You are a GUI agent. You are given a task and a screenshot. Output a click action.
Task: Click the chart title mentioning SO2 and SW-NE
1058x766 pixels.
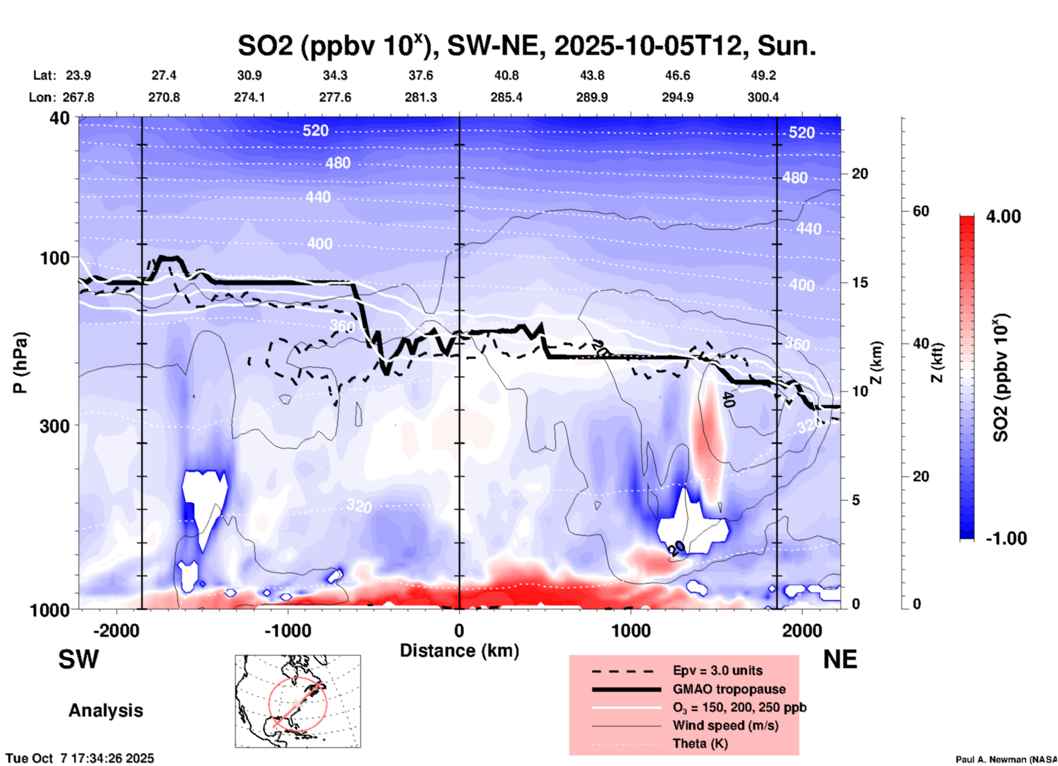coord(526,46)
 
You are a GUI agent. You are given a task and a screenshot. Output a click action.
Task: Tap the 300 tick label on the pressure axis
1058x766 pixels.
coord(54,426)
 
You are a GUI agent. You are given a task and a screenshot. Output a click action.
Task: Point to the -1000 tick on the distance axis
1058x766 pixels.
coord(287,631)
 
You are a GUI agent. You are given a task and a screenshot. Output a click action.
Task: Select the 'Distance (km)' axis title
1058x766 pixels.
coord(459,651)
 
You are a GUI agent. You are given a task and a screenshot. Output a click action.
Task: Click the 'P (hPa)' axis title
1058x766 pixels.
coord(20,363)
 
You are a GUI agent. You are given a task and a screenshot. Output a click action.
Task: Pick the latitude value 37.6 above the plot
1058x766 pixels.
coord(420,75)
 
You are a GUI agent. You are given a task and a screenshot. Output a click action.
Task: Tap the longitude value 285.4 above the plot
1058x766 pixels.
coord(506,97)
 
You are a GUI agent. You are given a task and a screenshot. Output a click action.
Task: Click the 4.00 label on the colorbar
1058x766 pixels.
coord(1003,217)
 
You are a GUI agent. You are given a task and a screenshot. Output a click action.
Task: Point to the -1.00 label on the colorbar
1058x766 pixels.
coord(1006,539)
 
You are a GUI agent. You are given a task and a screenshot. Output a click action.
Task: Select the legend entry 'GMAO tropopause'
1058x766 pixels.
coord(729,689)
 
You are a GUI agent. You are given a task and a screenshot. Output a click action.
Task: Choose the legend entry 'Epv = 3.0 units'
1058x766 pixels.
coord(717,670)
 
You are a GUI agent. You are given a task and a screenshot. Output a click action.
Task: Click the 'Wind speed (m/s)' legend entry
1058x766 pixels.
coord(725,725)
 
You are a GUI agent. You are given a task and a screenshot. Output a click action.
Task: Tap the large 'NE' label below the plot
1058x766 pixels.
coord(840,659)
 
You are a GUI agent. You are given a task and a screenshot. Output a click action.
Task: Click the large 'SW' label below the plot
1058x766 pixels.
coord(79,659)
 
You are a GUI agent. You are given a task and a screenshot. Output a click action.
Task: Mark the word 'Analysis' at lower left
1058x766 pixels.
coord(105,711)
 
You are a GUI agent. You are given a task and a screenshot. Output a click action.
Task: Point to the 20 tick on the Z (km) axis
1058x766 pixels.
coord(860,174)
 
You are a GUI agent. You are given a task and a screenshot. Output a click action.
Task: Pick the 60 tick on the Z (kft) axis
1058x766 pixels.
coord(920,211)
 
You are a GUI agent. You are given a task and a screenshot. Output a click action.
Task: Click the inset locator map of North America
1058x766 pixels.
coord(298,701)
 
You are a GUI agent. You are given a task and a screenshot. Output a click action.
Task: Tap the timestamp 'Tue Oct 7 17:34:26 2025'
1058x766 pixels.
coord(80,758)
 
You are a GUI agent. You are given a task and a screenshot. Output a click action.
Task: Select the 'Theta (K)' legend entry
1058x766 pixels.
coord(700,744)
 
